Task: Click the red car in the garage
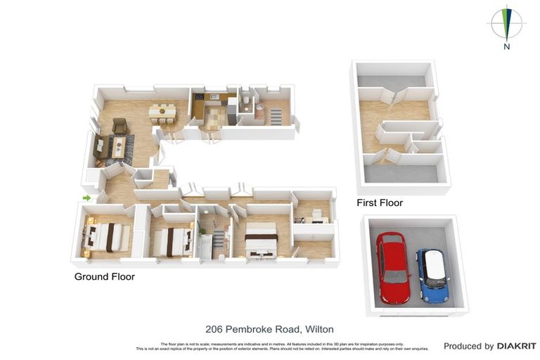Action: [392, 267]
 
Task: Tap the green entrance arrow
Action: [86, 198]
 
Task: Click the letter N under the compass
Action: [506, 47]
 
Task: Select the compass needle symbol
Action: [506, 23]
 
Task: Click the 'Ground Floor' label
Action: [104, 277]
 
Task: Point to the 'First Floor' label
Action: [380, 203]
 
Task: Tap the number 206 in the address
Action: [214, 329]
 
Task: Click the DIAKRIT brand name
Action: [516, 346]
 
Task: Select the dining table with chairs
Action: [162, 111]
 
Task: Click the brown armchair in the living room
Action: [120, 126]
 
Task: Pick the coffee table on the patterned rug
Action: [120, 146]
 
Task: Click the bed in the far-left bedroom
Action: [105, 236]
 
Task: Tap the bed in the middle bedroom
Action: [173, 240]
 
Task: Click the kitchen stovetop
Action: [200, 98]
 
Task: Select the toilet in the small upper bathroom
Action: [245, 103]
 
